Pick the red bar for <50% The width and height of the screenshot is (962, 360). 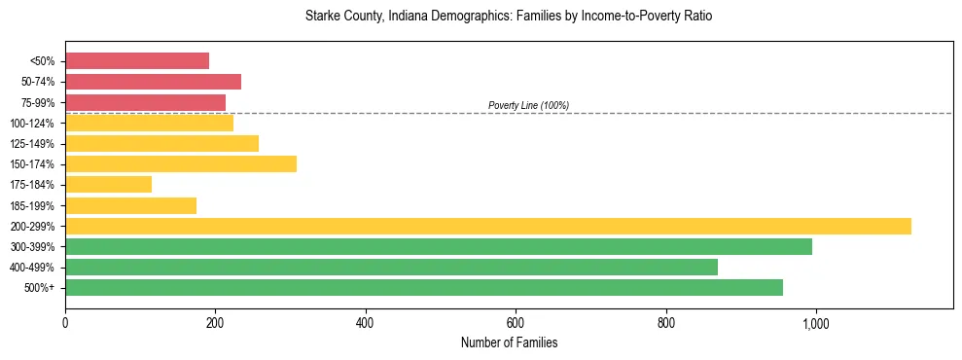tap(137, 60)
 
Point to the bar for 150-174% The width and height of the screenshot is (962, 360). tap(181, 163)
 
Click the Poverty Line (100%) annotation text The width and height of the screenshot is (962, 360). tap(528, 105)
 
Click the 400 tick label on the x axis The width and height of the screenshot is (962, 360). tap(366, 322)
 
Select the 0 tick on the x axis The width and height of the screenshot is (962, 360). tap(65, 322)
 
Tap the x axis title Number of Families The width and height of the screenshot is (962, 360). tap(509, 342)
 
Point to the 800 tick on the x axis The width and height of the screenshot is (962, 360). tap(665, 322)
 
